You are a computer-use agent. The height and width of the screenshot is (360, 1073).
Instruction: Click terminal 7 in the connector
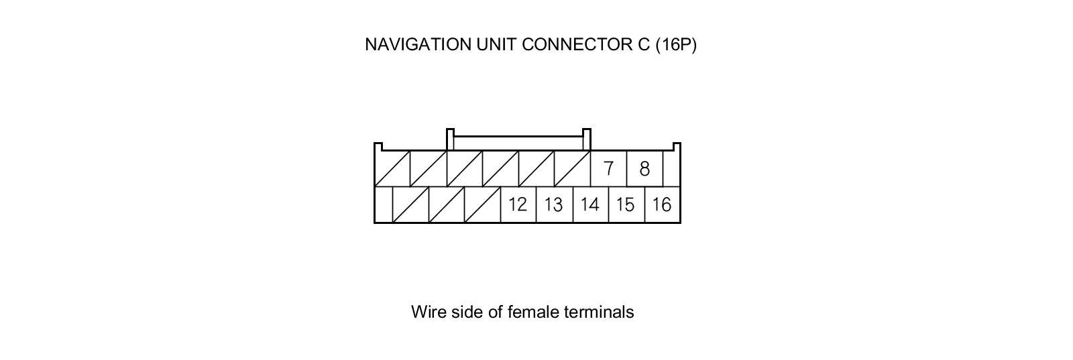coord(608,168)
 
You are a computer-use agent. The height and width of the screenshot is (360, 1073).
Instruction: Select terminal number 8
coord(644,168)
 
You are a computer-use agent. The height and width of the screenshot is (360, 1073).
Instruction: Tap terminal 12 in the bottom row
coord(518,204)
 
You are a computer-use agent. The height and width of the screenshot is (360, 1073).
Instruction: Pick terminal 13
coord(554,204)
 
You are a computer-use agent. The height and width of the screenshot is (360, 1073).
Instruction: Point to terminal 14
coord(590,204)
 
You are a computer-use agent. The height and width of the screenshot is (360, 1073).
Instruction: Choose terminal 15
coord(626,204)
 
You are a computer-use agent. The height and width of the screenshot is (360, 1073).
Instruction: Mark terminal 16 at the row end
coord(662,204)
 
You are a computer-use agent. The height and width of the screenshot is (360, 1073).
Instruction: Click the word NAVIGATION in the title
coord(418,44)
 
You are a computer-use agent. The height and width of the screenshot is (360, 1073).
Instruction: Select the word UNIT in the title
coord(496,44)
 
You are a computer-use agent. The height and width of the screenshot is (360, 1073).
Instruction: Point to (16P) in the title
coord(676,44)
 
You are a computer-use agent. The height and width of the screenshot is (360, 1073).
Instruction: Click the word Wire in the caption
coord(427,312)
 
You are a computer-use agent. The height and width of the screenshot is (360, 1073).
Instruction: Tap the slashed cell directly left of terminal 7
coord(572,168)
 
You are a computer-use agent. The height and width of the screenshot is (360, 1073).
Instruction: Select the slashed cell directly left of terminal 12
coord(482,204)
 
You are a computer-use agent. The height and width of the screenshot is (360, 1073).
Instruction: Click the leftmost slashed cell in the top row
coord(392,168)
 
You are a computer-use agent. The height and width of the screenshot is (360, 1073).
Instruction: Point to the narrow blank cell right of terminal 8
coord(671,168)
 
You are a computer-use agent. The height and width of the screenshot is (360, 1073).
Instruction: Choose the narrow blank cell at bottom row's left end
coord(383,204)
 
